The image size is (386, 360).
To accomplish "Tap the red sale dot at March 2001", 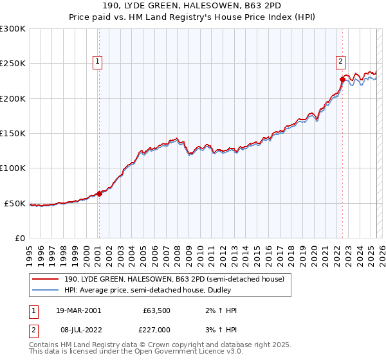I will tap(100, 194).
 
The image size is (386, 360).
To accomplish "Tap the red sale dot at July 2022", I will tap(342, 80).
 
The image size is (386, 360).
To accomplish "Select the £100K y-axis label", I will tap(13, 168).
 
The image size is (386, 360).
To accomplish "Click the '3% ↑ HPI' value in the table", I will tap(223, 330).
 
